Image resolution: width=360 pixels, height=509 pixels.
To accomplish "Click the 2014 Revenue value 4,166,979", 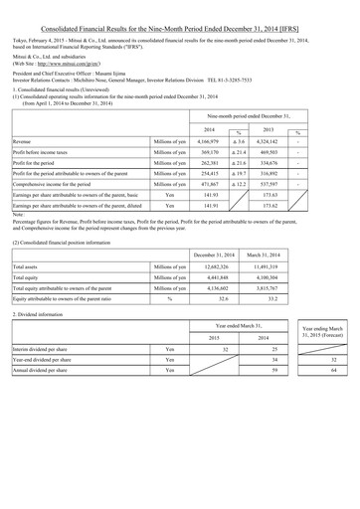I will point(209,142).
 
